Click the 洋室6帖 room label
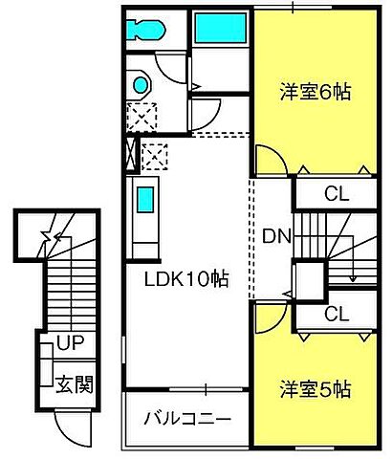315,93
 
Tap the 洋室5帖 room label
315,389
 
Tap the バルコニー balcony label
187,419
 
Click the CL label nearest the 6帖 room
336,195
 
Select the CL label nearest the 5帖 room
336,314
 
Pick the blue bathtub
222,28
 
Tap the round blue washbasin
142,85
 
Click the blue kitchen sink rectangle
144,201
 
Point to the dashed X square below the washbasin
142,120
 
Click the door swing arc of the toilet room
174,65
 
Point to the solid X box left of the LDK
130,154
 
